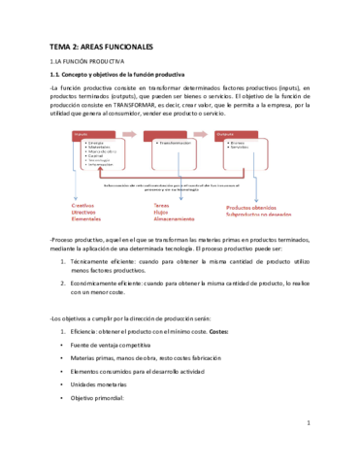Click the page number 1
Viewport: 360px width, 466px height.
[x=307, y=450]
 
